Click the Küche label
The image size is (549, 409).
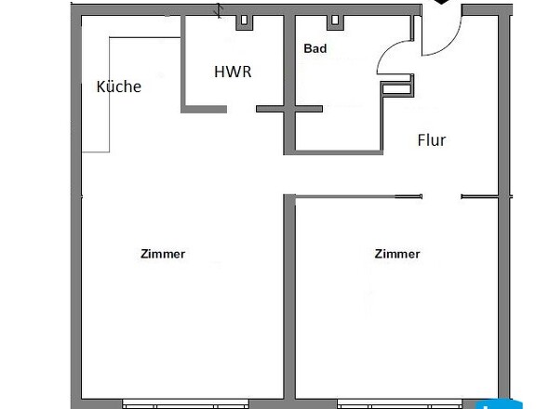click(119, 87)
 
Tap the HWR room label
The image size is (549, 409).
click(233, 71)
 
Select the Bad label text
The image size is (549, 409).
click(315, 48)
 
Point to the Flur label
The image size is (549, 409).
click(431, 140)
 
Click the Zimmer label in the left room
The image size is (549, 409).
click(163, 254)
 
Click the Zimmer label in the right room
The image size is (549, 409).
click(397, 254)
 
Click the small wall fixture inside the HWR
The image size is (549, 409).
click(245, 20)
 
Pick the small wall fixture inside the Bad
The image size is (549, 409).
click(331, 20)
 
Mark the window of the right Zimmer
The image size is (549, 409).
click(396, 403)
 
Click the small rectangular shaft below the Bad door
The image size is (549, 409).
click(396, 88)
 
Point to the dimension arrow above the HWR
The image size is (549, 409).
click(220, 10)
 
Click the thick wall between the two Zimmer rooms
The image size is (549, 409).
click(288, 297)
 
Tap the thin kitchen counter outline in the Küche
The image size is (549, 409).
click(109, 93)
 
